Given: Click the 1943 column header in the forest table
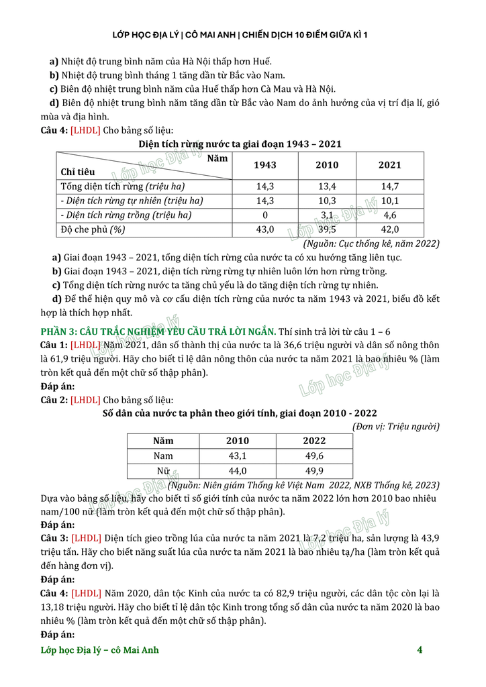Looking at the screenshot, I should [x=264, y=165].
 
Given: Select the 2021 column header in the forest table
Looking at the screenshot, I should [x=389, y=165].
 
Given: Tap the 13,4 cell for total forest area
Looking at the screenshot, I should [x=328, y=187].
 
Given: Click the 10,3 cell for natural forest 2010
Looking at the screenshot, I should [x=328, y=201].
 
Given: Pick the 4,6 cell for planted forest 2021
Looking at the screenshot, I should [x=389, y=215].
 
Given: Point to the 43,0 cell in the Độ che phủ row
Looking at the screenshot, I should [x=264, y=229].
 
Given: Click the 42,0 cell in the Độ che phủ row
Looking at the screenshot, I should [x=389, y=229].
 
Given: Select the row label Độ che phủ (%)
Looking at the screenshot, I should [x=93, y=229].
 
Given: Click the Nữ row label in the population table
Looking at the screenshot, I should [x=163, y=470].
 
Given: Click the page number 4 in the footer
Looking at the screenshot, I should [x=420, y=649].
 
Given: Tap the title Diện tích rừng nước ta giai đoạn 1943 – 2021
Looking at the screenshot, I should [x=240, y=144].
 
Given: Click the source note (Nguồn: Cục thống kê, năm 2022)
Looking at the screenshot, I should [x=371, y=244].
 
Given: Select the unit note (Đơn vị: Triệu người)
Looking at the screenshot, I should [x=396, y=426].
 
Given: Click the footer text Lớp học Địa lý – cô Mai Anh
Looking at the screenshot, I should [x=100, y=649].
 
